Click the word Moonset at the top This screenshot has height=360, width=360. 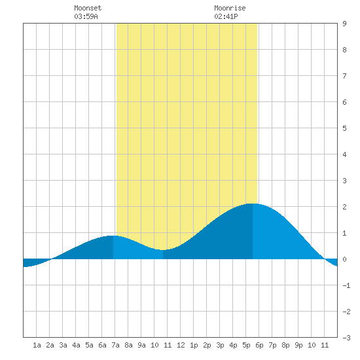(x=88, y=8)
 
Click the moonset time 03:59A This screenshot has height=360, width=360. (x=86, y=16)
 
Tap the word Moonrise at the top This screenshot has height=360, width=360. (x=230, y=8)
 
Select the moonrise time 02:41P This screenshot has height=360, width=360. (x=226, y=16)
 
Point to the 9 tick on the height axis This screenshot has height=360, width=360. (x=344, y=24)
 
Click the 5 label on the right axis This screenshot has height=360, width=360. (x=344, y=128)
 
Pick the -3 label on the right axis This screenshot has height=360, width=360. (x=346, y=338)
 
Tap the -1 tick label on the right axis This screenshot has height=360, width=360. (x=346, y=285)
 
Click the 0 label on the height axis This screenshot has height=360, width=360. (x=344, y=259)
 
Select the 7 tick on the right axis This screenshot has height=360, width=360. (x=344, y=76)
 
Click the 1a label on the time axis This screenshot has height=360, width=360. (x=37, y=345)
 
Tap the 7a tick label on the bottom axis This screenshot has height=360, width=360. (x=115, y=345)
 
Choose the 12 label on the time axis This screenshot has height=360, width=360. (x=181, y=345)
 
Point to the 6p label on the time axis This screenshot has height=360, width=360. (x=259, y=345)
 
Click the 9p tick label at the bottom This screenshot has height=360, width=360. (x=298, y=345)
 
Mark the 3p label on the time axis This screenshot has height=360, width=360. (x=220, y=345)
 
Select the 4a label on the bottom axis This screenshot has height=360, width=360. (x=76, y=345)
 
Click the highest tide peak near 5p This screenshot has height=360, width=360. (x=253, y=204)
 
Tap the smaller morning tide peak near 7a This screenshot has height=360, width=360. (x=113, y=236)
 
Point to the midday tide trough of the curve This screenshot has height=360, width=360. (x=163, y=250)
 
